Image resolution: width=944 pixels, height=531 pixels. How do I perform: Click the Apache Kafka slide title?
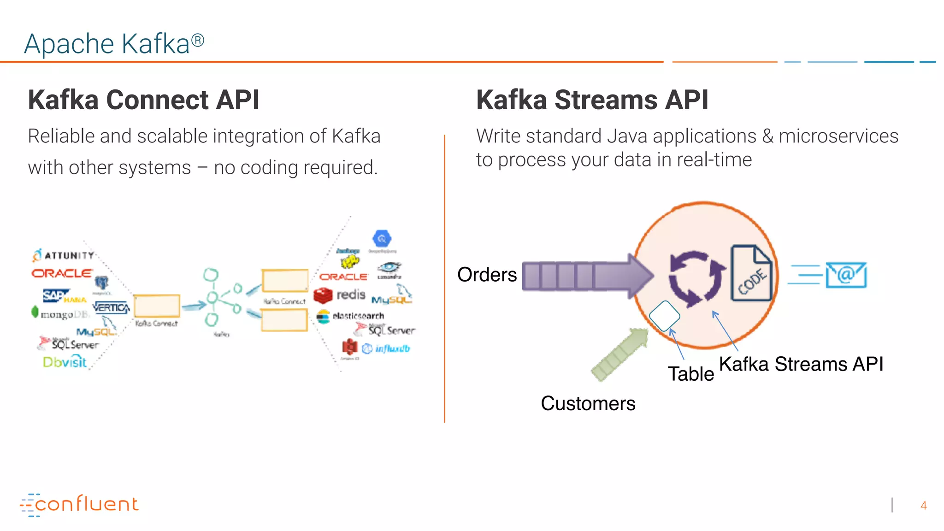[114, 44]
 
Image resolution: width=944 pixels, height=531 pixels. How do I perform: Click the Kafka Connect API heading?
[143, 100]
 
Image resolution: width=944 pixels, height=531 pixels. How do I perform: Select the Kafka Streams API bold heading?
[592, 100]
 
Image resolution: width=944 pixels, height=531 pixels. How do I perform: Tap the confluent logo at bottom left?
[79, 504]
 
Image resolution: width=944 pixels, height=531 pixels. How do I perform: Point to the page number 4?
[923, 506]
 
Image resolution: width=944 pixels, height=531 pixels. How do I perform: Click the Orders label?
[487, 275]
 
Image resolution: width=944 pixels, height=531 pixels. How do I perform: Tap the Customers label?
[588, 403]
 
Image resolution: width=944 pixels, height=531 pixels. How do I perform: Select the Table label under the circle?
[690, 374]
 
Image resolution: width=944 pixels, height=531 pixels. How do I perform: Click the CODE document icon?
[751, 273]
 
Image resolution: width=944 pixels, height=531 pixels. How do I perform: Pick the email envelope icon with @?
[846, 275]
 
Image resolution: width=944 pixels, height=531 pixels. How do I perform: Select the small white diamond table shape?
[664, 316]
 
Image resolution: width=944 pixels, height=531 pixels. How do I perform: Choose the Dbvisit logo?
[65, 362]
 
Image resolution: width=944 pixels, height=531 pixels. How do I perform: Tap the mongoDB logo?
[60, 314]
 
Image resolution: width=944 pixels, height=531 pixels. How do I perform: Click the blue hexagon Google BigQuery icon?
[382, 239]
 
